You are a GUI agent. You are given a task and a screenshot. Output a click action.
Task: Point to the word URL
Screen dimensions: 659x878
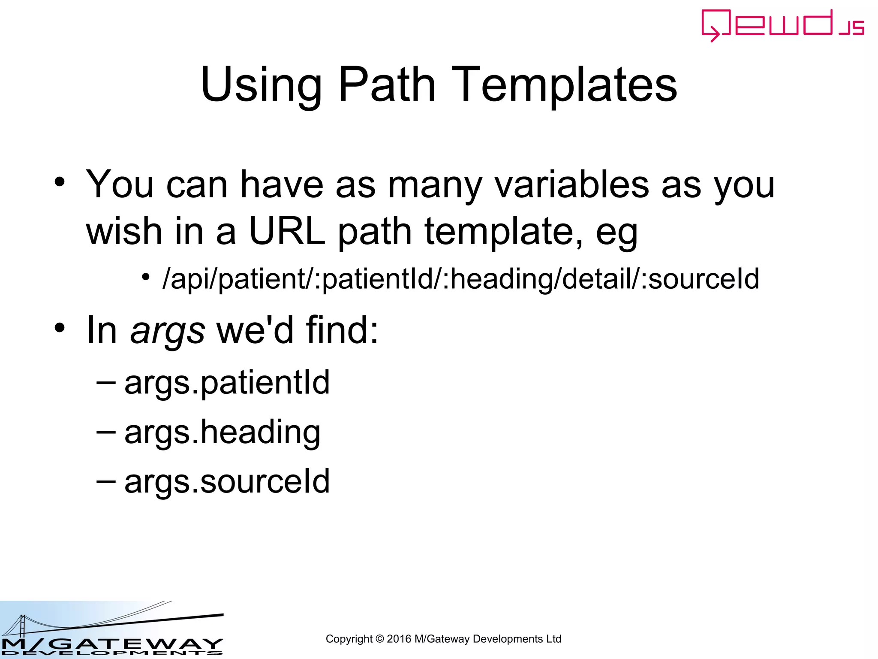287,231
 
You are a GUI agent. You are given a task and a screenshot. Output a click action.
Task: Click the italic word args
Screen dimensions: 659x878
168,331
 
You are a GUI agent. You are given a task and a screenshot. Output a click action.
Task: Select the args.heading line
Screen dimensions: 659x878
222,432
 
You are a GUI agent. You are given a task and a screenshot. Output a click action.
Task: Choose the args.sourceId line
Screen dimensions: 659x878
227,481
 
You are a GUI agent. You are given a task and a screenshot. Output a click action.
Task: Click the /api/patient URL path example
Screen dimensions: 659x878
461,279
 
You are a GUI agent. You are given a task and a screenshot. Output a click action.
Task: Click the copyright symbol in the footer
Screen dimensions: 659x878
379,639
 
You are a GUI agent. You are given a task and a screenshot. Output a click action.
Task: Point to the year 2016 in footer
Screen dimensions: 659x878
399,639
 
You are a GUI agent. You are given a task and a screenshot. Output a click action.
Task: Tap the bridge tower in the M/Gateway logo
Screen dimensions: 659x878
22,626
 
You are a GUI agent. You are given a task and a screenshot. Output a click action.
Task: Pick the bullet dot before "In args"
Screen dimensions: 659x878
60,328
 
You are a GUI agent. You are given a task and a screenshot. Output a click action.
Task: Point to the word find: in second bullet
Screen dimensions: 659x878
342,330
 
